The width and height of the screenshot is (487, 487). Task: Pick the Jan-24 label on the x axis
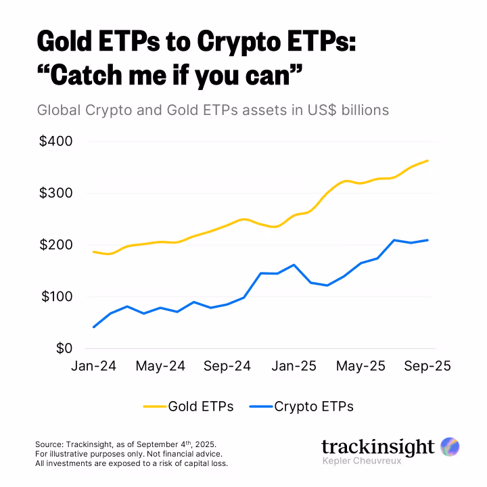[94, 366]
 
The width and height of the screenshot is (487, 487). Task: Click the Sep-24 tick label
[227, 366]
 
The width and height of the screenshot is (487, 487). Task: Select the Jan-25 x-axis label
[293, 366]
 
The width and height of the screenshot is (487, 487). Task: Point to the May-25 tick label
[361, 366]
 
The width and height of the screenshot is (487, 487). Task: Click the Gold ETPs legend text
[201, 407]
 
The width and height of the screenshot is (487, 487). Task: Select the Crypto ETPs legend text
[313, 407]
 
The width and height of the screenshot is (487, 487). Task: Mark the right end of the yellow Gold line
[427, 161]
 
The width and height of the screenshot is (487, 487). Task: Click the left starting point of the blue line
[93, 327]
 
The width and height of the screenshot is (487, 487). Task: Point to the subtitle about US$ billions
[213, 110]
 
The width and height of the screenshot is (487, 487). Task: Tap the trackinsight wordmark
[377, 447]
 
